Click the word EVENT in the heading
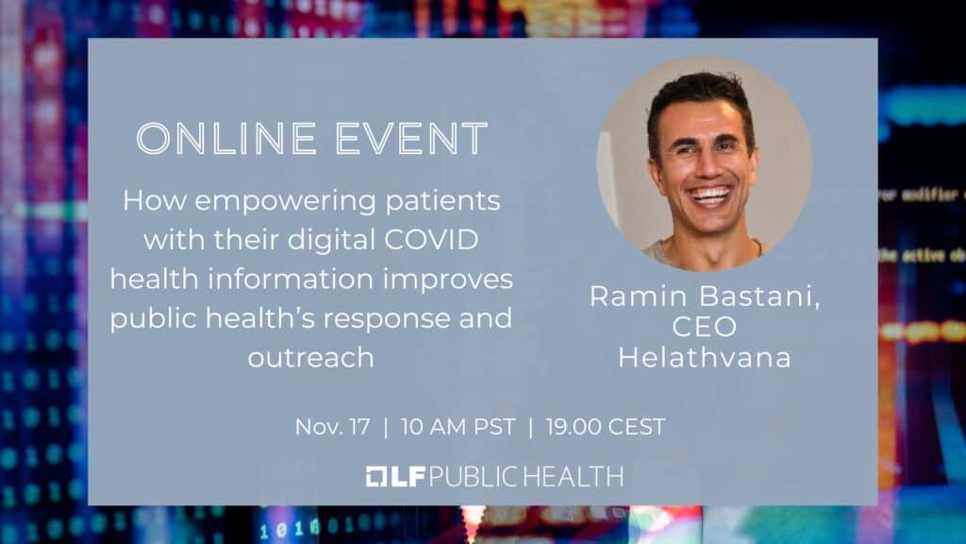pos(411,138)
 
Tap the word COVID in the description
pos(431,239)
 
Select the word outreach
pos(311,358)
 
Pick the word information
pos(291,279)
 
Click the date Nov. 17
pos(333,427)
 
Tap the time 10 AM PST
pos(458,427)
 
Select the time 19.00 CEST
pos(606,427)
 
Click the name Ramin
pos(639,296)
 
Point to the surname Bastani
pos(761,297)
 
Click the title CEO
pos(704,327)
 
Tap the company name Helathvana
pos(705,358)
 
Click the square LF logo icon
pos(376,477)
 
